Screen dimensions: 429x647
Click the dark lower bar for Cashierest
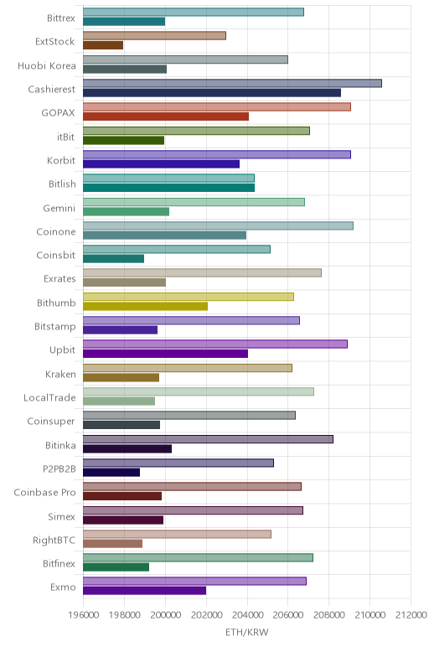[212, 93]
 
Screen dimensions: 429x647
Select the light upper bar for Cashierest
[232, 83]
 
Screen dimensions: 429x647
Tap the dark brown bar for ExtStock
[103, 45]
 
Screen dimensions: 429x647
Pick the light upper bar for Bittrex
[194, 12]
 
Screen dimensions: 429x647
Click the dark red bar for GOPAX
[166, 116]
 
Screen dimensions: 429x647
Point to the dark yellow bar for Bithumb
[145, 306]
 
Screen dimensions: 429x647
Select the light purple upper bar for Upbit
[214, 344]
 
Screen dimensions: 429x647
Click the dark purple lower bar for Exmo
[144, 591]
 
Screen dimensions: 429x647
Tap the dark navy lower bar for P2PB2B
[111, 473]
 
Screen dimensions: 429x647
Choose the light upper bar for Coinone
[218, 225]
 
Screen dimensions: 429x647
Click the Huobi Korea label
[47, 65]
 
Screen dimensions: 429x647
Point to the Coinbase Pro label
[45, 492]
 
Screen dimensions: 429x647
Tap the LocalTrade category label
[50, 397]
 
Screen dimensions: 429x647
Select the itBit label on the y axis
[66, 137]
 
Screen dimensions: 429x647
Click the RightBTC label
[54, 540]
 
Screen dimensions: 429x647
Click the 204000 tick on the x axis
[247, 615]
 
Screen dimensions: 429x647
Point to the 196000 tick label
[84, 615]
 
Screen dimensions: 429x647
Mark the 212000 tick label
[411, 615]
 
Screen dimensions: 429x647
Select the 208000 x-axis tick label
[329, 615]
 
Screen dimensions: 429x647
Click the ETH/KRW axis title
[247, 632]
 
